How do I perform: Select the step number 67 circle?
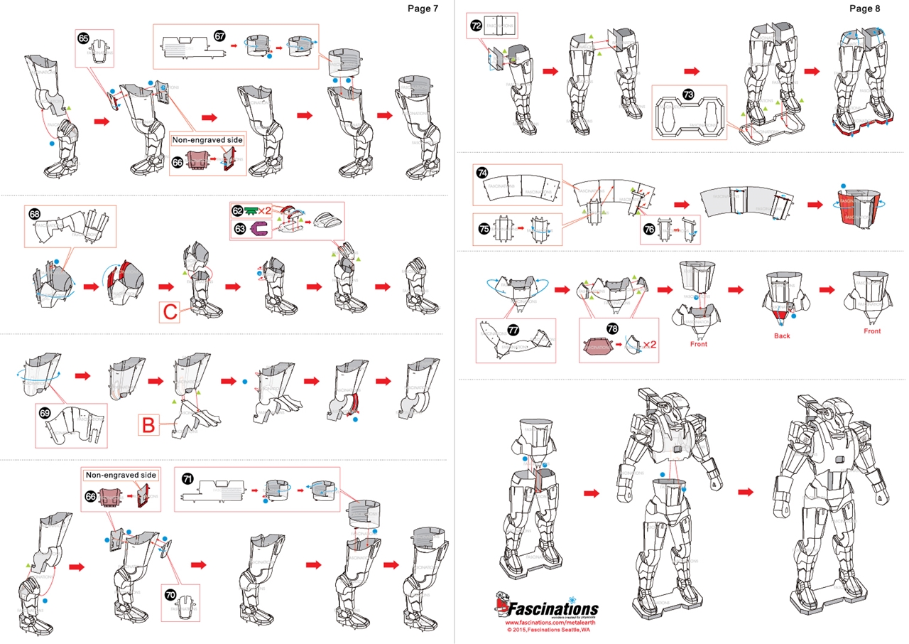point(220,35)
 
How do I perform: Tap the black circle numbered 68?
point(34,213)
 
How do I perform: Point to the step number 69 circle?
point(45,413)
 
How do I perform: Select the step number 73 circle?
point(688,94)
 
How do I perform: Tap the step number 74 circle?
point(482,173)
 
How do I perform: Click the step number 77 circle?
point(514,330)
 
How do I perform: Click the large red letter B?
point(148,426)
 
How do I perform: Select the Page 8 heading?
point(864,9)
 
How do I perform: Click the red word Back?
point(781,336)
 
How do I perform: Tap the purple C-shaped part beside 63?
point(261,228)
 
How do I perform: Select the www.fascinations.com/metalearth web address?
point(545,623)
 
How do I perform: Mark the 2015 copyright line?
point(545,630)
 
